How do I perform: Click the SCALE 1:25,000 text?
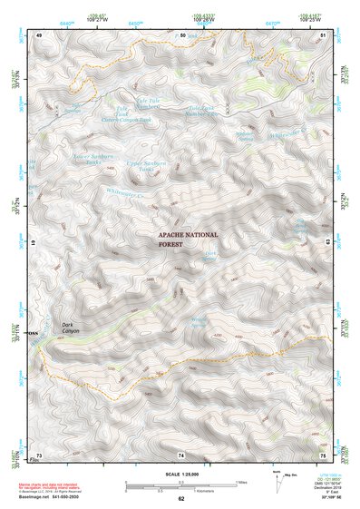180,473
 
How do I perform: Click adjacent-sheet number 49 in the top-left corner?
39,34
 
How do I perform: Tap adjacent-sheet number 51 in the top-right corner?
322,34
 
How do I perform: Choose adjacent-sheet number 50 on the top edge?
181,34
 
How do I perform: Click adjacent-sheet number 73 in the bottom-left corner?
39,454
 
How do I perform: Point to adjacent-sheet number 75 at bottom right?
322,454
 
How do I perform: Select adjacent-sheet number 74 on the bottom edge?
181,454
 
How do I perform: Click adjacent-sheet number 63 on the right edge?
325,244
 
